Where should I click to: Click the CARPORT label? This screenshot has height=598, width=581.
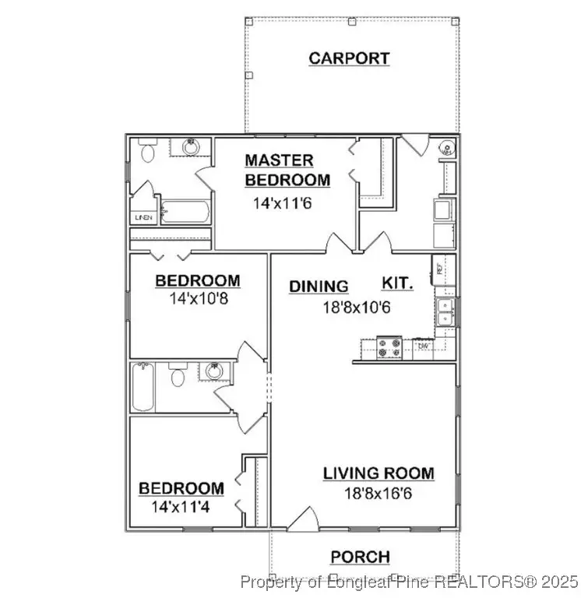349,58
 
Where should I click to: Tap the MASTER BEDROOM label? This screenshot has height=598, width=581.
287,170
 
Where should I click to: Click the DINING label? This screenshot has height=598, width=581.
319,286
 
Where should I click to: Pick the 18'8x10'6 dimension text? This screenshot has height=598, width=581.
356,307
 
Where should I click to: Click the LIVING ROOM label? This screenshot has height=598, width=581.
379,473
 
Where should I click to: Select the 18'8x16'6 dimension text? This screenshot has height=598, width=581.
379,492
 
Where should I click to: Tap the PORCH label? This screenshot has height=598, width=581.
360,558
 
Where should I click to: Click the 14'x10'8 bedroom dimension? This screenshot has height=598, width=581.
198,298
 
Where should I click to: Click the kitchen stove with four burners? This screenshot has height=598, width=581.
389,347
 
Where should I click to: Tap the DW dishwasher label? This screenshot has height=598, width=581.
424,346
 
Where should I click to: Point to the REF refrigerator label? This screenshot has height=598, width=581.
441,269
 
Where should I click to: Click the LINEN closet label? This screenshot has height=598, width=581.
143,217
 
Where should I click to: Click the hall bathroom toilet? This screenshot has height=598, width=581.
177,378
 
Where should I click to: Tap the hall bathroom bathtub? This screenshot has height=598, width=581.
143,388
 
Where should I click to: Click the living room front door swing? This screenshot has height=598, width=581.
303,519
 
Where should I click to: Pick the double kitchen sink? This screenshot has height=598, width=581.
446,311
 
